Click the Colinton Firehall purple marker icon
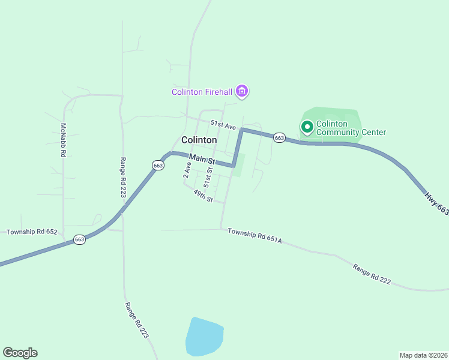tap(242, 92)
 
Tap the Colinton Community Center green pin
tap(307, 127)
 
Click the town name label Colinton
tap(199, 140)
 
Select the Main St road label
tap(202, 160)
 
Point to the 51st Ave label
tap(223, 125)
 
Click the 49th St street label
tap(203, 196)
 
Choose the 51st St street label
tap(208, 175)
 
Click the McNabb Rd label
tap(62, 140)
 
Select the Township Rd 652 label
tap(31, 232)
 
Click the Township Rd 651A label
tap(255, 235)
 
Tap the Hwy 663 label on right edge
tap(436, 203)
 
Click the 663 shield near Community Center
tap(279, 137)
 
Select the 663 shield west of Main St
tap(158, 165)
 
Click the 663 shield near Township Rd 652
tap(80, 239)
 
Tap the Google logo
tap(20, 353)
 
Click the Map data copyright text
tap(423, 355)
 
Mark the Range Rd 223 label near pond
tap(136, 320)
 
